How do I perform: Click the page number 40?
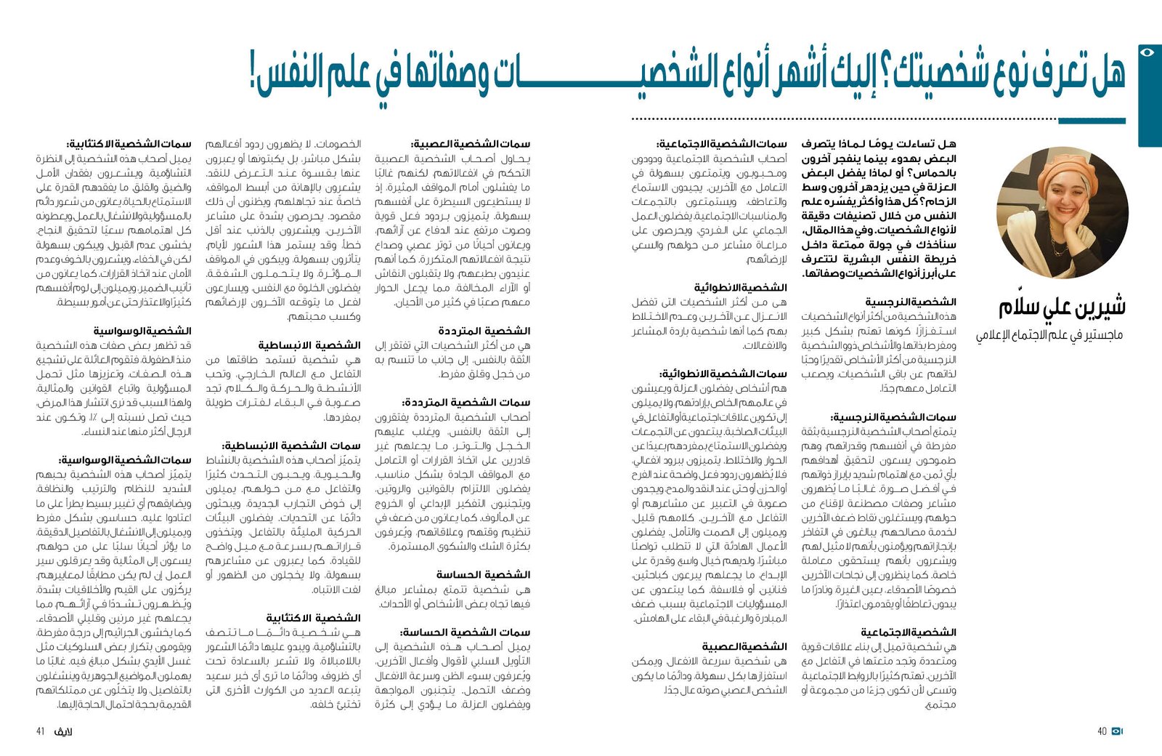click(1102, 731)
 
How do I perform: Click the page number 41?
click(41, 731)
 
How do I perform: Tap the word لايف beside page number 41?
click(64, 731)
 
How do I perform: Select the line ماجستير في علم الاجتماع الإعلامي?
click(1049, 335)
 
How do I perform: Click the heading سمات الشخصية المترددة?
click(466, 403)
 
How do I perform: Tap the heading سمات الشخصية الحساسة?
click(466, 632)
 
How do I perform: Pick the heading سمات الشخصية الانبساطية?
click(290, 446)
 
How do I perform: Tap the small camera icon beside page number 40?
click(1117, 731)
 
